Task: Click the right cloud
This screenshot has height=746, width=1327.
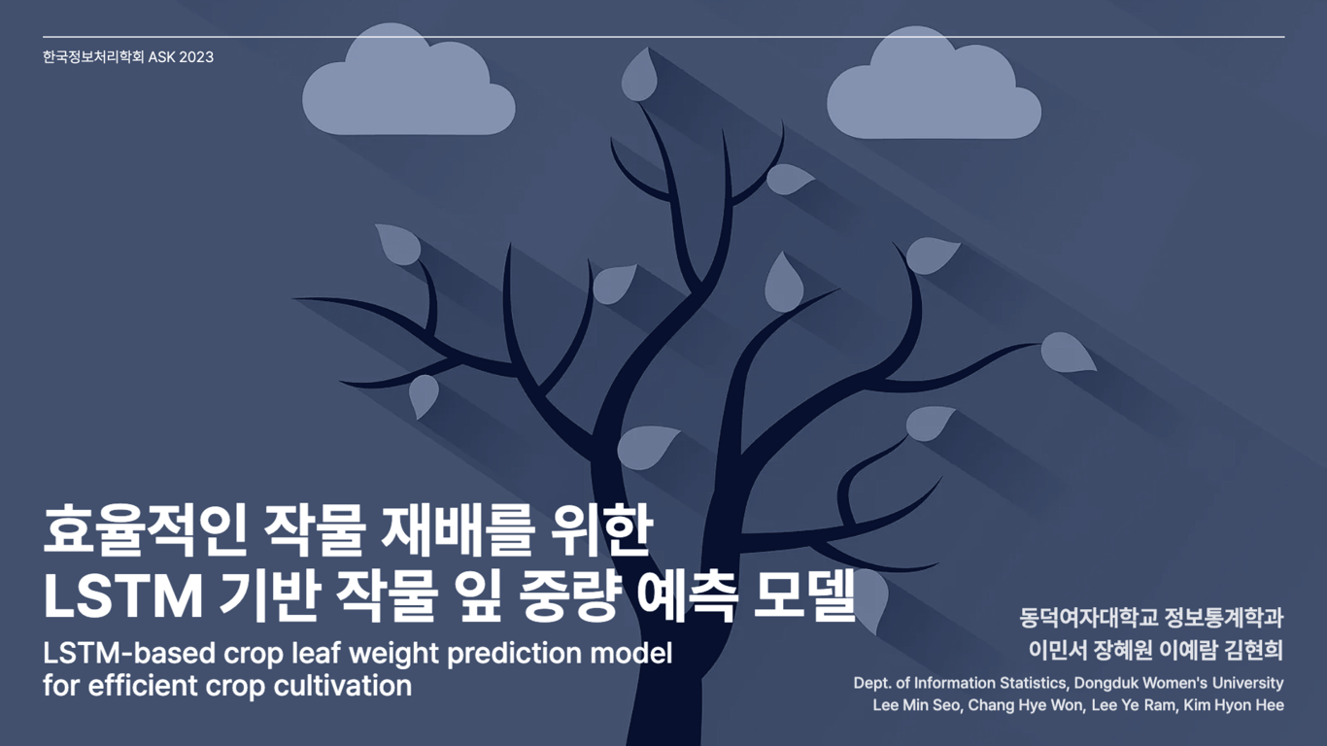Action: [x=933, y=93]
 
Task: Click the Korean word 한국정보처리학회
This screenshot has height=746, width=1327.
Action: [x=93, y=57]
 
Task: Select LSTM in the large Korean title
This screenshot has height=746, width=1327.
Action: [x=123, y=596]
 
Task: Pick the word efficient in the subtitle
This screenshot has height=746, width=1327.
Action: [x=154, y=686]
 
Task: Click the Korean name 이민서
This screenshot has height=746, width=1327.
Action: [x=1056, y=650]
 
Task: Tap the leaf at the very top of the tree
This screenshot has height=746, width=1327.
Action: [x=639, y=76]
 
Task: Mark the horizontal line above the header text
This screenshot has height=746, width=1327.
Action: [x=663, y=37]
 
